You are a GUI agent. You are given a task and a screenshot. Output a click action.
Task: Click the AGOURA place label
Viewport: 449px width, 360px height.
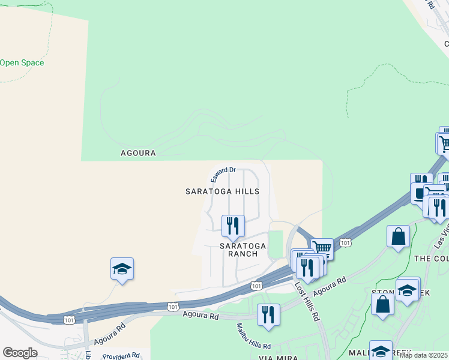138,153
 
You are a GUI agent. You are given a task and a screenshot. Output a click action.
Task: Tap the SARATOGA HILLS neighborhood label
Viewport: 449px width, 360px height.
222,191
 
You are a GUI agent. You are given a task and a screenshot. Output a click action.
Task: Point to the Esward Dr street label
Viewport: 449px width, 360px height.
222,175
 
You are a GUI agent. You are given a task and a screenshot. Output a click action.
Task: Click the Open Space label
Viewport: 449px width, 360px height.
22,62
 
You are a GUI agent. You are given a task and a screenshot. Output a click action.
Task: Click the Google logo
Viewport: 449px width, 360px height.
20,353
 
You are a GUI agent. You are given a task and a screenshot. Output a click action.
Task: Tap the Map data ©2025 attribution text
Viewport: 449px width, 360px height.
424,355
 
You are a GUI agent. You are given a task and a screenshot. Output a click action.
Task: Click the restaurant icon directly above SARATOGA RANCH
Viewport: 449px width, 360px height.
233,226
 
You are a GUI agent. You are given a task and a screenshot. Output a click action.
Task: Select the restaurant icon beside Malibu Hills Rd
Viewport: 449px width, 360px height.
268,315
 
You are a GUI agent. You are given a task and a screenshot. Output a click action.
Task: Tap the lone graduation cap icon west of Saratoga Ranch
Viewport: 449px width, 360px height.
122,269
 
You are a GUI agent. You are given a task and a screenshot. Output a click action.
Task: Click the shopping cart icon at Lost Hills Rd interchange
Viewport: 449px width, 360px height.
322,248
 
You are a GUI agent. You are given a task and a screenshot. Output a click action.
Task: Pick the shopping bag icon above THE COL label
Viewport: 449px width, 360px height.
398,236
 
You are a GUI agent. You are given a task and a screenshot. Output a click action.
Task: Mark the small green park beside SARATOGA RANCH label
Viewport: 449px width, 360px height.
276,244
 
